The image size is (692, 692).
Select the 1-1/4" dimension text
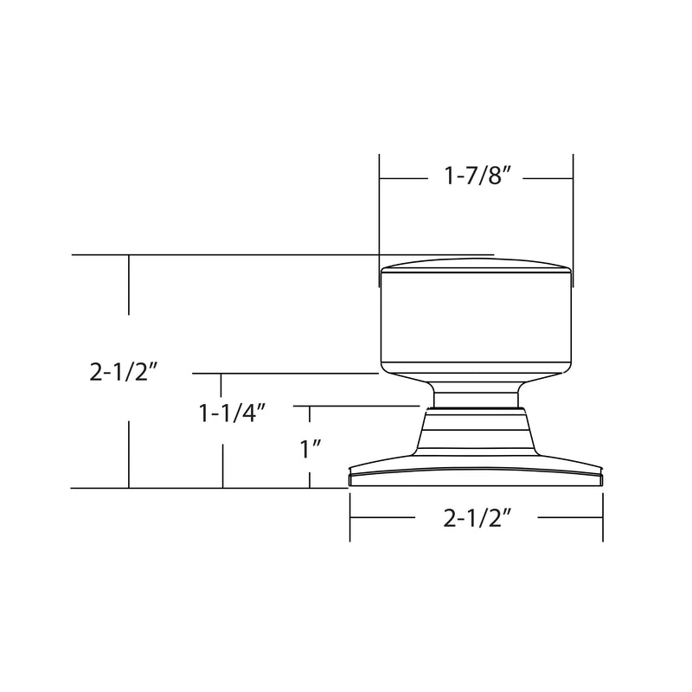tap(231, 414)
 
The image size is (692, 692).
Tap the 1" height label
tap(310, 450)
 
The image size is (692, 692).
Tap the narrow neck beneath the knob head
tap(476, 395)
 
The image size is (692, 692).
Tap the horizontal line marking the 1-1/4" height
tap(285, 374)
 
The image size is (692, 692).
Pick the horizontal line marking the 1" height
tap(363, 405)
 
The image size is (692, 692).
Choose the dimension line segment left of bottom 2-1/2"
tap(381, 518)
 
